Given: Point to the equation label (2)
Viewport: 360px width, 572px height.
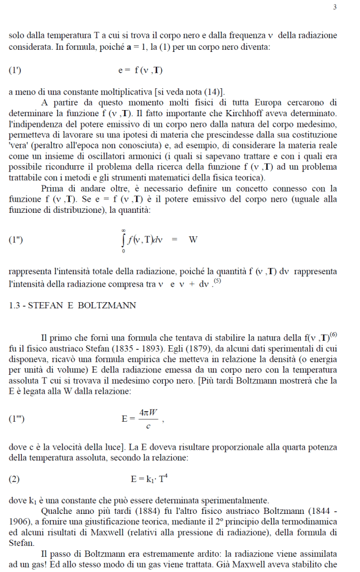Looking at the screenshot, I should click(15, 479).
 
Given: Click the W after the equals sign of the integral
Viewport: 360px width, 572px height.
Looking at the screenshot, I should click(193, 240).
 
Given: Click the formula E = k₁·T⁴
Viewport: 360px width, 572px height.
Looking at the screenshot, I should click(150, 478).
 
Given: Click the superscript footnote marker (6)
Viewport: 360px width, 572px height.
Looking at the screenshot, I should click(333, 335).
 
